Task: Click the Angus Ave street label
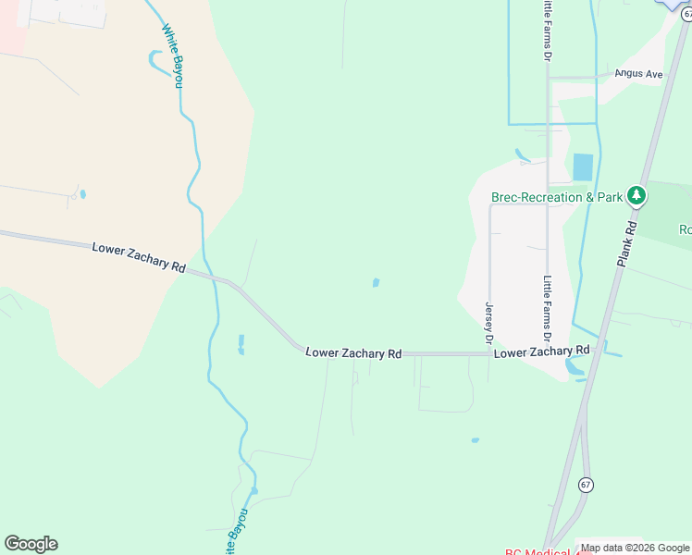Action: pyautogui.click(x=641, y=74)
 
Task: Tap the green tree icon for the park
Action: pyautogui.click(x=636, y=195)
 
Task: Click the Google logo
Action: pyautogui.click(x=31, y=543)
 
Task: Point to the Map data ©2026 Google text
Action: pyautogui.click(x=634, y=548)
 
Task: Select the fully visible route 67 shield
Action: pyautogui.click(x=585, y=484)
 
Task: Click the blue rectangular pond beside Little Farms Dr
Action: pyautogui.click(x=583, y=166)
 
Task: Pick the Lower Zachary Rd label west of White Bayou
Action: pyautogui.click(x=139, y=256)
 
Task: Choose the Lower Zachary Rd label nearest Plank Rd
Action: pyautogui.click(x=541, y=352)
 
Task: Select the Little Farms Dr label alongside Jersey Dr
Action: pyautogui.click(x=548, y=308)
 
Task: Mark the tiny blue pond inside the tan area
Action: pyautogui.click(x=83, y=194)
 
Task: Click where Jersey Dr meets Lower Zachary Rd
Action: pyautogui.click(x=489, y=353)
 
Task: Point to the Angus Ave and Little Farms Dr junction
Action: pyautogui.click(x=549, y=78)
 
